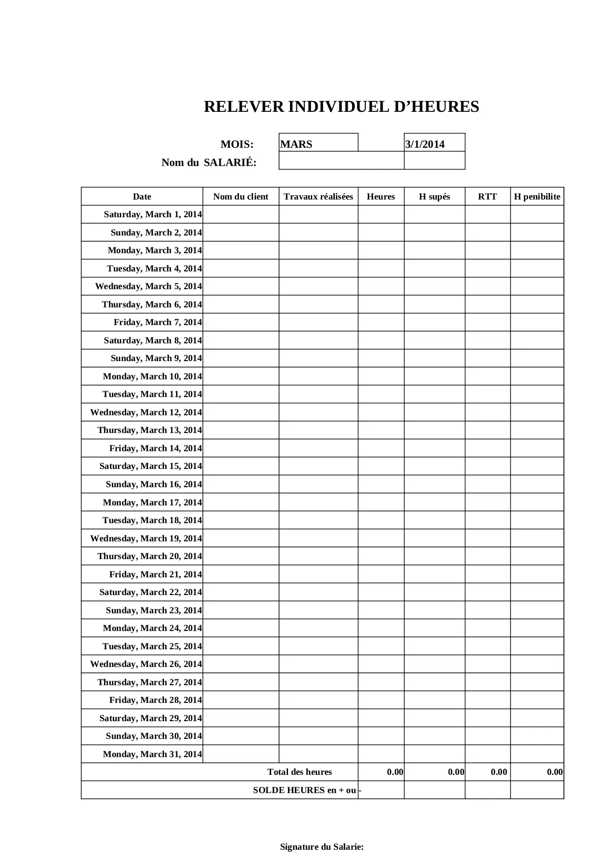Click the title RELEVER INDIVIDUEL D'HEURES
click(341, 107)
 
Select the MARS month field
click(296, 144)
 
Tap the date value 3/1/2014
click(424, 144)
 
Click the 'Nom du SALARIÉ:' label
click(209, 163)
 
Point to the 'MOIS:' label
click(237, 144)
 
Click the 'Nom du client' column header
click(241, 197)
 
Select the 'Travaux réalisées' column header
click(318, 197)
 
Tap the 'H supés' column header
click(434, 197)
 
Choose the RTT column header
click(487, 197)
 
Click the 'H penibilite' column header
click(537, 197)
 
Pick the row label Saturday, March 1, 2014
click(153, 214)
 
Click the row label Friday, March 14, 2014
click(155, 448)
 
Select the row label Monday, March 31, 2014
click(152, 754)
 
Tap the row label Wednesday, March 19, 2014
click(146, 538)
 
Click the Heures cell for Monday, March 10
click(381, 376)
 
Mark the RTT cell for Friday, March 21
click(487, 574)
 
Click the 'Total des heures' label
click(299, 772)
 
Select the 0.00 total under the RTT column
click(499, 772)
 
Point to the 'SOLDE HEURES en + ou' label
click(304, 790)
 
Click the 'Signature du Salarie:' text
click(322, 847)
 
